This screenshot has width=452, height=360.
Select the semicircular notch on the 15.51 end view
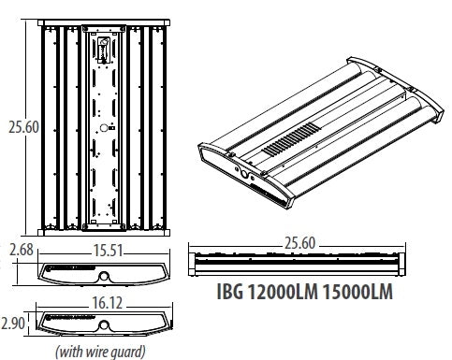click(x=104, y=276)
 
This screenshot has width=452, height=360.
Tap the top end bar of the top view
click(x=104, y=21)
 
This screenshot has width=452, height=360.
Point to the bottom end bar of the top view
click(x=104, y=231)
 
